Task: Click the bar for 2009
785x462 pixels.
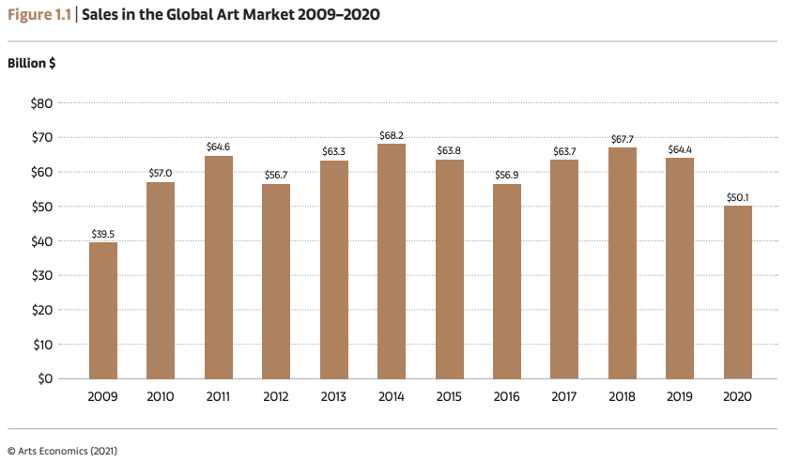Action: point(103,310)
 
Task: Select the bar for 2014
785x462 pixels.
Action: point(392,261)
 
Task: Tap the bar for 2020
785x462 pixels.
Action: point(737,292)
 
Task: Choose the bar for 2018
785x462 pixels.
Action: point(622,262)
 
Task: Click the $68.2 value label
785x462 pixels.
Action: point(392,136)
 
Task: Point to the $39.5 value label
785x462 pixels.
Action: point(103,234)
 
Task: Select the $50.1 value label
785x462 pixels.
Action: point(737,197)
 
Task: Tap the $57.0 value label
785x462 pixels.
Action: point(161,174)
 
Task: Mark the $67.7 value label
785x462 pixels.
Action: point(622,139)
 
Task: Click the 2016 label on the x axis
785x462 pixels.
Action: point(506,396)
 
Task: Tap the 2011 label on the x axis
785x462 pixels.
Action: point(219,396)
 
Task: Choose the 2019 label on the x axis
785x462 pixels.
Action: point(679,396)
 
